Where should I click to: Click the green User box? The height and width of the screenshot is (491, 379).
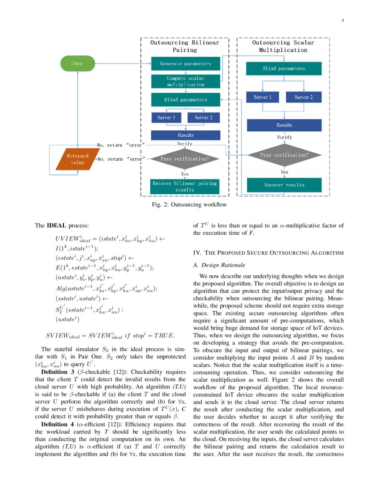click(78, 63)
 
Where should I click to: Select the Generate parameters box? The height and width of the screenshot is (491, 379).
click(185, 63)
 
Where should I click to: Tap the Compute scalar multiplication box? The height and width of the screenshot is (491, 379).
click(185, 81)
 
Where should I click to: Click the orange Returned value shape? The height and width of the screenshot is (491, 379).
click(78, 159)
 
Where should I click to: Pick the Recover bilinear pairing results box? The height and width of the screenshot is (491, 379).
click(185, 186)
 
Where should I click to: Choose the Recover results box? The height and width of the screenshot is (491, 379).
click(284, 185)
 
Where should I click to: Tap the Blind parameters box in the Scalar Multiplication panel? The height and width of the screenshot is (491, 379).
click(284, 69)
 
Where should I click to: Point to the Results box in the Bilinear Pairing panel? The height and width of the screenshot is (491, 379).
click(185, 135)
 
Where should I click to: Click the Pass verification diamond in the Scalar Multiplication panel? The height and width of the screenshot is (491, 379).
click(284, 155)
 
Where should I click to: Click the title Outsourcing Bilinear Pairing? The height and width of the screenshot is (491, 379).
click(185, 46)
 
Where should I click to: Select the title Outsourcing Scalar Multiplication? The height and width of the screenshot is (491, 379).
click(283, 46)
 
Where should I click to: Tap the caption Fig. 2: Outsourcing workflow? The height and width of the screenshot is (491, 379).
click(189, 205)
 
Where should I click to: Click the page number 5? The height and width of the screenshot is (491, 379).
click(343, 21)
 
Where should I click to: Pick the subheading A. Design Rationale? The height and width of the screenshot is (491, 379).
click(216, 265)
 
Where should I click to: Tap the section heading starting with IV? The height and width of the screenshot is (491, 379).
click(268, 253)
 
